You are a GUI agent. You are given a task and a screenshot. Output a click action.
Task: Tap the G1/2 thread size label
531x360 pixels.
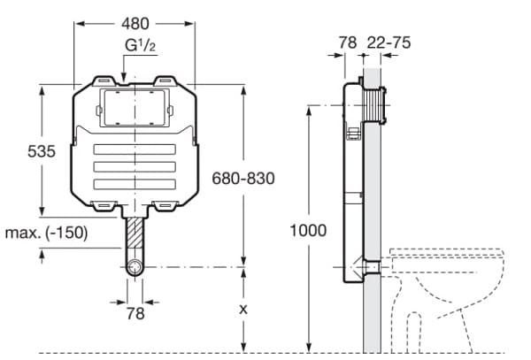coord(135,46)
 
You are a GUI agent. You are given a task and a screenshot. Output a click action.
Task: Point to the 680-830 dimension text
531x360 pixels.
coord(242,178)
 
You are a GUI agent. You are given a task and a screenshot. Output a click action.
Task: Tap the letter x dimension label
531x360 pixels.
coord(244,310)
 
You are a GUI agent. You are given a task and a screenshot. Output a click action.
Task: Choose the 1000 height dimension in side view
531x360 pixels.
coord(308,230)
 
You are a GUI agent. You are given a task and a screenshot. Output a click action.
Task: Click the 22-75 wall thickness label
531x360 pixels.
coord(390,42)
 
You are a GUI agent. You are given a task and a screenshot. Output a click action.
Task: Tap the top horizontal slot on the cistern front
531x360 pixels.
coord(134,149)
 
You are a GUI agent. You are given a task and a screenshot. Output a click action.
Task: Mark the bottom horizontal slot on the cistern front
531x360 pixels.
coord(134,183)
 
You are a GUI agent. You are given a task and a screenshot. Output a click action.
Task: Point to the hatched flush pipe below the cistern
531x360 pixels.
coord(134,235)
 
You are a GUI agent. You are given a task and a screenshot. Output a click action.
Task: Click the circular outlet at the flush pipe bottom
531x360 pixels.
coord(134,267)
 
